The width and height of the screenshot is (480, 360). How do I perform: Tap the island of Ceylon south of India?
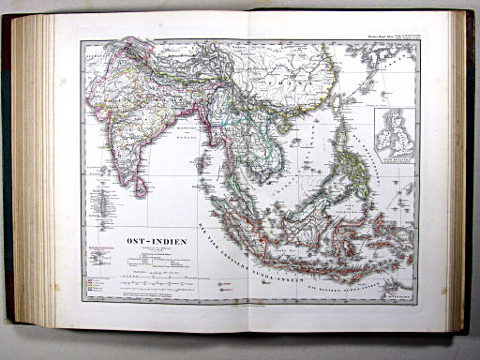(x=140, y=186)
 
